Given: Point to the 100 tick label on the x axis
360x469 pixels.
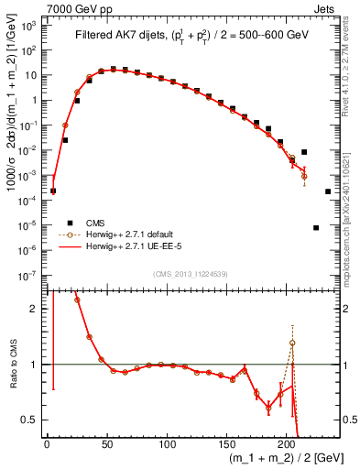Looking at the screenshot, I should click(x=167, y=445).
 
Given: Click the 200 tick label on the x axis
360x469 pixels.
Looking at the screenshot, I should click(x=288, y=445).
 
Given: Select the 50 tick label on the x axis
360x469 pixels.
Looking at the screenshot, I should click(x=106, y=445).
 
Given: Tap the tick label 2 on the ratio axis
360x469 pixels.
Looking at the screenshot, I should click(x=38, y=309).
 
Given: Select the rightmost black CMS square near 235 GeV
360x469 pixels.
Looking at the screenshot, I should click(x=328, y=191).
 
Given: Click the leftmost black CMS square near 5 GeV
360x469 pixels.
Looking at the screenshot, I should click(x=53, y=191).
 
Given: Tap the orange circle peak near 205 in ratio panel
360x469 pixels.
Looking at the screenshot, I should click(x=292, y=343).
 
